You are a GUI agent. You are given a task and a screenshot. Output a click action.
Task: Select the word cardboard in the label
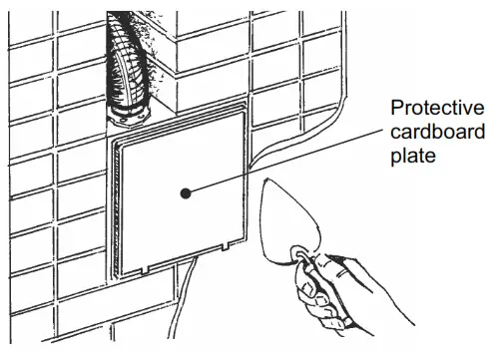click(436, 133)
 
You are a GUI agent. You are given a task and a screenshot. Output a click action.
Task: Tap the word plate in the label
click(411, 157)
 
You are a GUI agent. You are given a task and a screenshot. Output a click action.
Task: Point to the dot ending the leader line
click(184, 192)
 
